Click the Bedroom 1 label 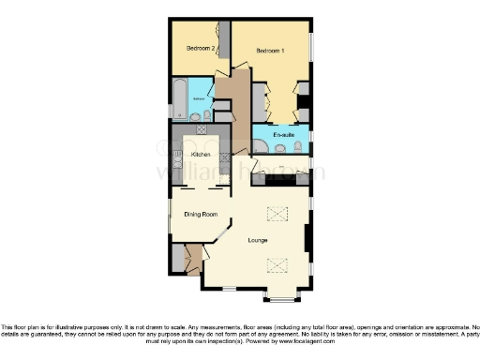pyautogui.click(x=271, y=51)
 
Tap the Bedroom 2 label pyautogui.click(x=201, y=49)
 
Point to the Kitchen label pyautogui.click(x=201, y=154)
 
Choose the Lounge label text pyautogui.click(x=258, y=241)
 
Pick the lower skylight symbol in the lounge pyautogui.click(x=277, y=264)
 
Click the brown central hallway pyautogui.click(x=236, y=103)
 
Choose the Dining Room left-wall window pyautogui.click(x=170, y=212)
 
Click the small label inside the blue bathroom pyautogui.click(x=199, y=97)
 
